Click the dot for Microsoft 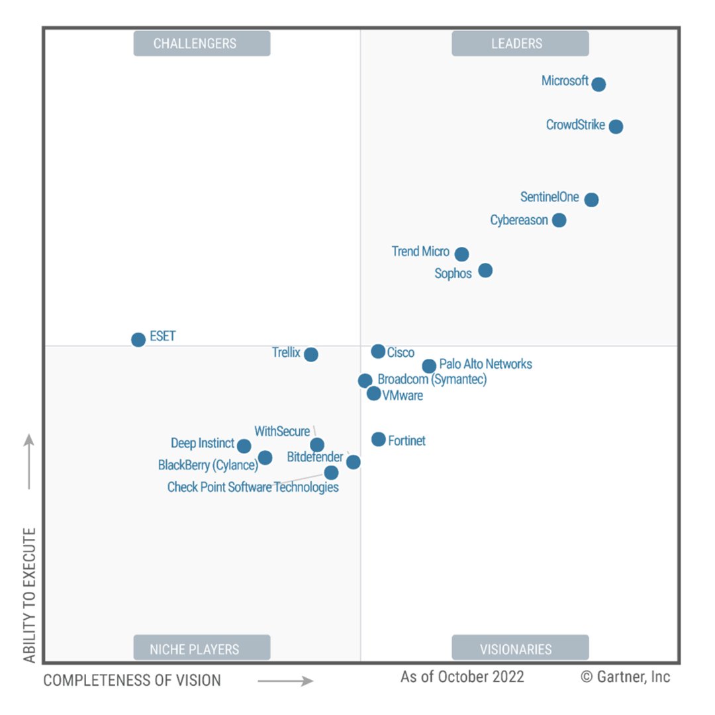[x=598, y=84]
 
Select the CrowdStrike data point [x=616, y=126]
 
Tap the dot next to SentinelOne [x=591, y=199]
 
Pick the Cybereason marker [x=559, y=220]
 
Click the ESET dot [x=138, y=340]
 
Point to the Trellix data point [x=310, y=354]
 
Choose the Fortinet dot [x=378, y=439]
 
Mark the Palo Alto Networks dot [x=429, y=365]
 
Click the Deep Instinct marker [x=244, y=446]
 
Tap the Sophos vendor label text [x=453, y=273]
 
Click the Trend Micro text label [x=420, y=252]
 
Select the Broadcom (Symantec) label [x=432, y=379]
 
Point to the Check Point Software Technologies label [x=253, y=487]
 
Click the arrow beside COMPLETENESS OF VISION [x=285, y=681]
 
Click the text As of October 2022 [x=462, y=677]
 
